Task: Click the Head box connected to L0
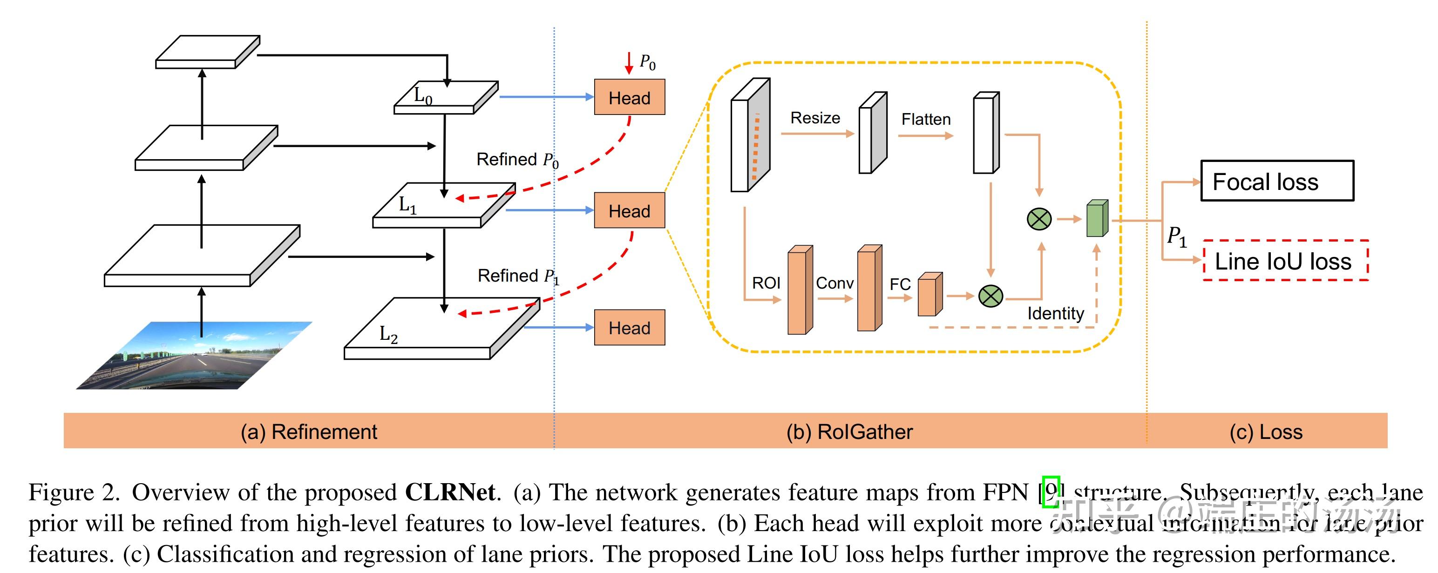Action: (629, 98)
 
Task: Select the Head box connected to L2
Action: (629, 328)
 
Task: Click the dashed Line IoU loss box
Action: (1285, 261)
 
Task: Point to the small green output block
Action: (1096, 219)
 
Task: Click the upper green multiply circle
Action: (1039, 219)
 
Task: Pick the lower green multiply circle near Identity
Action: (990, 296)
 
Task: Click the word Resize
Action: (815, 118)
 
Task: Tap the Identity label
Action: (1055, 314)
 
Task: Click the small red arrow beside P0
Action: (629, 63)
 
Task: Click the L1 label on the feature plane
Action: (407, 205)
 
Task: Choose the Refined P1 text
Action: (517, 276)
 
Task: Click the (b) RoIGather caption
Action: (849, 432)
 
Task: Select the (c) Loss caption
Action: (1266, 432)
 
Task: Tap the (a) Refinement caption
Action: (309, 432)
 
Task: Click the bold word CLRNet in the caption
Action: (450, 492)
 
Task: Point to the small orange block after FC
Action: (929, 295)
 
